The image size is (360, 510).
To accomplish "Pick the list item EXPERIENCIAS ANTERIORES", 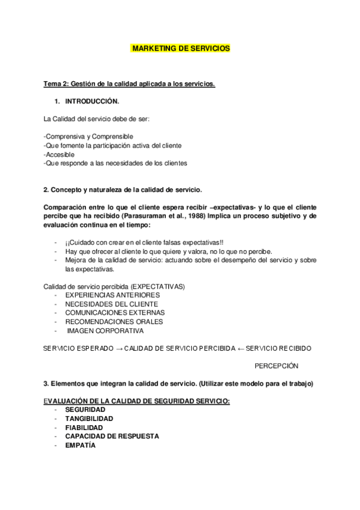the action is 112,295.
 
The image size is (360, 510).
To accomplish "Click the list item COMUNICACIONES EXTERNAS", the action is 115,313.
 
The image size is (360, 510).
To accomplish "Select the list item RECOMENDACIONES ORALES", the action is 114,322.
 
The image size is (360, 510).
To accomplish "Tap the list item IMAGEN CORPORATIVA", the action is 105,330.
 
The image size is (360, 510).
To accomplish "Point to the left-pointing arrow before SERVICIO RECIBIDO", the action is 240,348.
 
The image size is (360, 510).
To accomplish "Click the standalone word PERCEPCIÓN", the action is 276,366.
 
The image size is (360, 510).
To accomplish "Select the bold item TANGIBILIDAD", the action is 89,418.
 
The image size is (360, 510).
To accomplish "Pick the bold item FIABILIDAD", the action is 84,427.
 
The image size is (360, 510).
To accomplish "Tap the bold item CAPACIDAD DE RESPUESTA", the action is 108,436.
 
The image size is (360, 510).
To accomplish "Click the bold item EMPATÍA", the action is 81,445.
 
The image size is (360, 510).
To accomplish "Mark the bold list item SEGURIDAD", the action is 85,409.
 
